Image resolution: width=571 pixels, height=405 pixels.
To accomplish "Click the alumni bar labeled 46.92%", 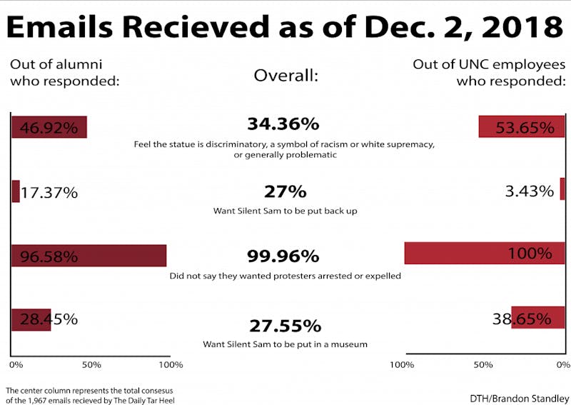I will (x=49, y=127).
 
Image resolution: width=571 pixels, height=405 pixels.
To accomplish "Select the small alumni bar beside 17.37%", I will (x=16, y=191).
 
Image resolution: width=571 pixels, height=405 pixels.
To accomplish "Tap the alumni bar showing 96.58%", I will (x=89, y=255).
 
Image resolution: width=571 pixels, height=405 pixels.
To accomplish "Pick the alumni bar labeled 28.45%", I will (x=31, y=319).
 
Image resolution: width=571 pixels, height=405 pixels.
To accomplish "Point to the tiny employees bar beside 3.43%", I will (x=562, y=189).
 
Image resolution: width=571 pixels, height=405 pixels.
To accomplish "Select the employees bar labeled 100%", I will (x=485, y=254).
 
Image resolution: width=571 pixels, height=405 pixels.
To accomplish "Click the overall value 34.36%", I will (x=283, y=124).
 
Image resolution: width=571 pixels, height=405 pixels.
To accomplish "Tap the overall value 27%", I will (x=285, y=191).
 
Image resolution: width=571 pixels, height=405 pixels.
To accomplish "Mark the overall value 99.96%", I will (x=283, y=256).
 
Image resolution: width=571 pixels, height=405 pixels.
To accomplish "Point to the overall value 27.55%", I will (x=285, y=326).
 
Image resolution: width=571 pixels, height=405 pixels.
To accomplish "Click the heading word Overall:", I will (x=285, y=75).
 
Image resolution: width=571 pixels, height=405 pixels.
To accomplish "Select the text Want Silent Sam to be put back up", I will (x=285, y=211).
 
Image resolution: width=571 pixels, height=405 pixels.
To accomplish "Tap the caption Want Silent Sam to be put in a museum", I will (x=285, y=344).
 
